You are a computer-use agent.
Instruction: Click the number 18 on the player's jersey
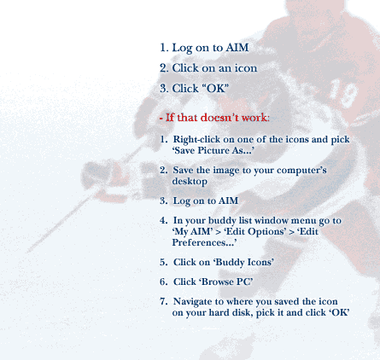(344, 93)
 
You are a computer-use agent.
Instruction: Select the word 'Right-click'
(196, 140)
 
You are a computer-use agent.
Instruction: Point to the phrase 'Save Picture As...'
(213, 150)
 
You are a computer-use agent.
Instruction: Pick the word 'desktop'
(190, 182)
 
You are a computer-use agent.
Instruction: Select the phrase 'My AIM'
(192, 231)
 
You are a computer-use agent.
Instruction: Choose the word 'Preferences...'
(204, 242)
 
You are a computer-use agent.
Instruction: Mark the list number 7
(163, 301)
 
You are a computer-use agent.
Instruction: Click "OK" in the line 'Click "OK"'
(215, 89)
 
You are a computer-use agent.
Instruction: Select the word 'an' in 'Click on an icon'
(225, 68)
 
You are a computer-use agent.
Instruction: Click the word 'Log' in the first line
(182, 48)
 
